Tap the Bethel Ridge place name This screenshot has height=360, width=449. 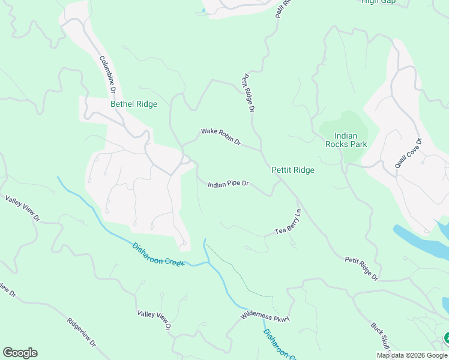(134, 104)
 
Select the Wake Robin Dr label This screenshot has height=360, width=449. (221, 137)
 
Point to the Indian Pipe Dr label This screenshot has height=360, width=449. (228, 184)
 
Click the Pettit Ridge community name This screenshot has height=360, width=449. (293, 170)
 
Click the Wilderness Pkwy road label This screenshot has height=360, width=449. (265, 316)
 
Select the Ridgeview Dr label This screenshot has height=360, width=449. (82, 332)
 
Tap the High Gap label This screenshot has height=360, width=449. (378, 2)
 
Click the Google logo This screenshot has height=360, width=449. (20, 353)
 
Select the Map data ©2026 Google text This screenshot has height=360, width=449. (412, 355)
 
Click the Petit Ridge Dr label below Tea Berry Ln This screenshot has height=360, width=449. (361, 269)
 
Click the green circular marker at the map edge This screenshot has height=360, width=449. (446, 338)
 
